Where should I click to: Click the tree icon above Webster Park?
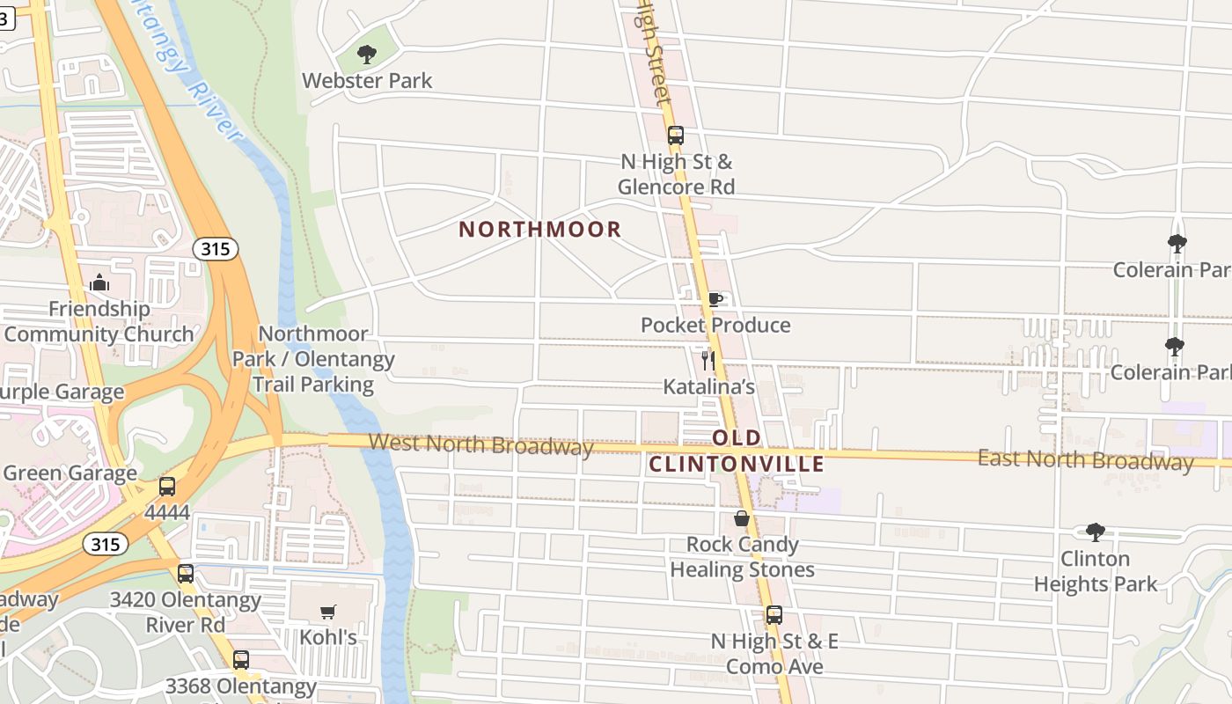tap(367, 55)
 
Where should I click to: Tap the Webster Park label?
tap(367, 81)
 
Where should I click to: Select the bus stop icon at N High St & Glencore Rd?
tap(675, 136)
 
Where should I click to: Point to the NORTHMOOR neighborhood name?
tap(540, 230)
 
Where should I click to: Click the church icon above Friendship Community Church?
tap(99, 283)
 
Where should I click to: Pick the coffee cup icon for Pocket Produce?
tap(715, 300)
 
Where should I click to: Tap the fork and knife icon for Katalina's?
tap(708, 360)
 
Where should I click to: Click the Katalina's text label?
tap(708, 386)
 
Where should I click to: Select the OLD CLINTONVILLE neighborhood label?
tap(737, 451)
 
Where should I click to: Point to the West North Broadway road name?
tap(480, 444)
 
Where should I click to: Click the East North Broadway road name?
tap(1085, 459)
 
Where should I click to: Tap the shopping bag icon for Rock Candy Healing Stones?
tap(742, 518)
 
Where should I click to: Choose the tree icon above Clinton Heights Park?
tap(1095, 532)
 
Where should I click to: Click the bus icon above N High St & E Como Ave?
tap(774, 615)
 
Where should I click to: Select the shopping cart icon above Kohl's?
tap(328, 612)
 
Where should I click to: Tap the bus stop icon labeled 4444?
tap(167, 487)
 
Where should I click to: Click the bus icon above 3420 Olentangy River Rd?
tap(185, 574)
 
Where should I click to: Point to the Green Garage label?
tap(70, 473)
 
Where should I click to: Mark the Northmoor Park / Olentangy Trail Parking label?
tap(313, 359)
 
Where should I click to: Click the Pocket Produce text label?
tap(715, 326)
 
